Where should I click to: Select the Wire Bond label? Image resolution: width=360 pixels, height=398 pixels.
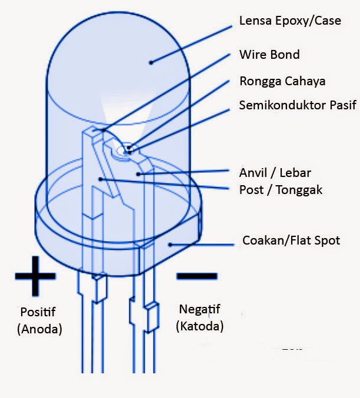tap(269, 55)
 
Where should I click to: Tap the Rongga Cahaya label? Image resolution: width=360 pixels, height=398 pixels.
tap(282, 81)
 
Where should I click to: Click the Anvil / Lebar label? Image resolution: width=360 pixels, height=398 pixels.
tap(275, 173)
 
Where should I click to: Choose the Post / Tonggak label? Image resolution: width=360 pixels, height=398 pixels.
tap(280, 190)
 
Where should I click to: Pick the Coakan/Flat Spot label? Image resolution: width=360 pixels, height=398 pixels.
tap(291, 240)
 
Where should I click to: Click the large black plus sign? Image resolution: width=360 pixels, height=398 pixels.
tap(35, 275)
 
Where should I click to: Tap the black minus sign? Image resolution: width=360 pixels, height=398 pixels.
tap(196, 275)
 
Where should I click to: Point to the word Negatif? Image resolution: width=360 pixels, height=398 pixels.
tap(199, 309)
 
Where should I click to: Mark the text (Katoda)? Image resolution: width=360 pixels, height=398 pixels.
tap(199, 326)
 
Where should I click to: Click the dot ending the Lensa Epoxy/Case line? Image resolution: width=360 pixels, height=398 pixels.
tap(151, 61)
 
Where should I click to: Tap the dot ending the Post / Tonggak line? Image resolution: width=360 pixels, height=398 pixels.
tap(101, 179)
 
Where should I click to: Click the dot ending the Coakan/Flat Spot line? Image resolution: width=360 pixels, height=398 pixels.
tap(170, 243)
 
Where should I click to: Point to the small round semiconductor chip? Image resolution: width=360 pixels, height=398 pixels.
tap(124, 150)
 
